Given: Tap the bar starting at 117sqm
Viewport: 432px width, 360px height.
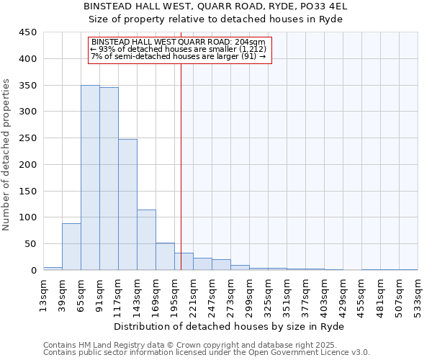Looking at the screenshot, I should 127,204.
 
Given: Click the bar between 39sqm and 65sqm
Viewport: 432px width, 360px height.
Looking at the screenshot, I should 71,247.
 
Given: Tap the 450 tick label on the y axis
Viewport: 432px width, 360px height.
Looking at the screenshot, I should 28,32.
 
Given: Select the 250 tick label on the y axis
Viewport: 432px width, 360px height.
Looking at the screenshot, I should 28,138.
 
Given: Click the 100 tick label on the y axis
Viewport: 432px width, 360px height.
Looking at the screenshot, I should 28,217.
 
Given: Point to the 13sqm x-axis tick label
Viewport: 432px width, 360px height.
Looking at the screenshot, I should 43,294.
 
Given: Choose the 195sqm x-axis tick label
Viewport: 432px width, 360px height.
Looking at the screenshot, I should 174,294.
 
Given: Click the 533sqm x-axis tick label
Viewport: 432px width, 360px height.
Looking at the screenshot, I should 418,294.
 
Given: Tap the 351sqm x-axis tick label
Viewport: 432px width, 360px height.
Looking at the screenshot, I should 287,294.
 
